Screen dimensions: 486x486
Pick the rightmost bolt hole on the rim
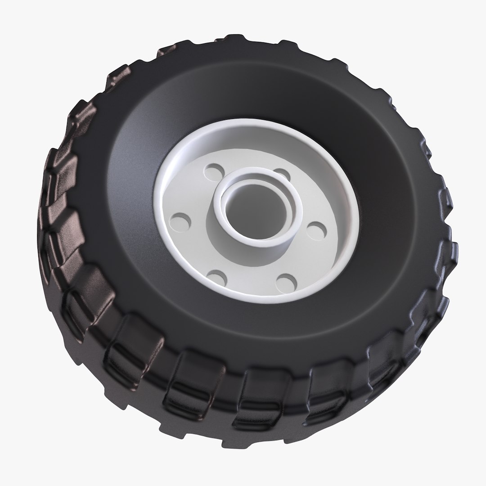pos(318,229)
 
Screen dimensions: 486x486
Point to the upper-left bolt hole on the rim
pos(213,171)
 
